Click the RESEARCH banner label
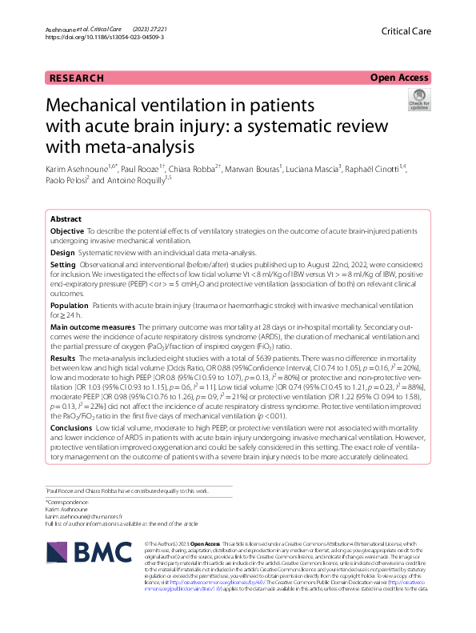coord(77,78)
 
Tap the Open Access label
coord(399,78)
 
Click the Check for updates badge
coord(418,100)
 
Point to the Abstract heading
coord(66,218)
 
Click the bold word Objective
coord(68,230)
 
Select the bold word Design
coord(62,250)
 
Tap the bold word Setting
coord(62,263)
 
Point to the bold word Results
coord(63,360)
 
